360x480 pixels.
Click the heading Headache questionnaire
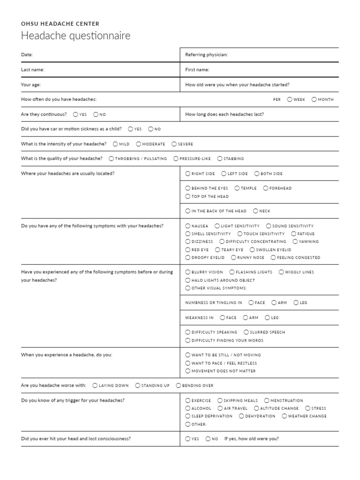coord(75,36)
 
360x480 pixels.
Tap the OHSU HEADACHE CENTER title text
coord(60,23)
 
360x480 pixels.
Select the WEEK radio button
coord(290,99)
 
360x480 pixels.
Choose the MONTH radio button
coord(314,99)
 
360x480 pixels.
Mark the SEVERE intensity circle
coord(174,144)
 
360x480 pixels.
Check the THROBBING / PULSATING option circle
coord(111,158)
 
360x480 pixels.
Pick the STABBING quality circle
coord(220,158)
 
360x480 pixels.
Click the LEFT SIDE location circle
coord(224,173)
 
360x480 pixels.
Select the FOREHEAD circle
coord(265,188)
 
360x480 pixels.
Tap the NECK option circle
coord(255,211)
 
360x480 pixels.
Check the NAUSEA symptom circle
coord(188,226)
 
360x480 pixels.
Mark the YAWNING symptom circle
coord(295,241)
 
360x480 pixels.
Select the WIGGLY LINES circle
coord(281,272)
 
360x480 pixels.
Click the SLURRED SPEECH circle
coord(246,332)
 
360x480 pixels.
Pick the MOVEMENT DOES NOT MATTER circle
coord(188,371)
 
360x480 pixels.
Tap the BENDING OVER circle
coord(179,385)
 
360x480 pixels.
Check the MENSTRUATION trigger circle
coord(267,400)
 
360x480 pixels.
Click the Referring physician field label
coord(206,55)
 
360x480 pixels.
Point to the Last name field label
coord(32,70)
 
